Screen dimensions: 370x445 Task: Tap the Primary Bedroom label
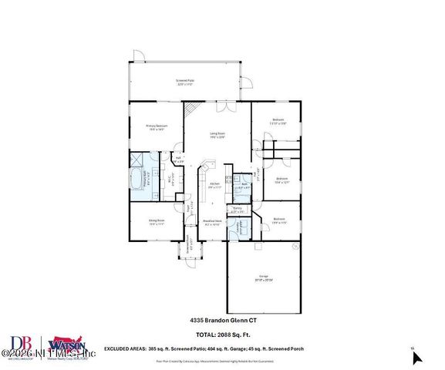pyautogui.click(x=157, y=126)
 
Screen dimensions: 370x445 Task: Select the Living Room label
pyautogui.click(x=218, y=135)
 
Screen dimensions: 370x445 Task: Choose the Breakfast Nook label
pyautogui.click(x=212, y=223)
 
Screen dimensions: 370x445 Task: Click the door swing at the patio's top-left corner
pyautogui.click(x=137, y=54)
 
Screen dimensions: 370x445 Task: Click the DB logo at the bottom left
pyautogui.click(x=21, y=344)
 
